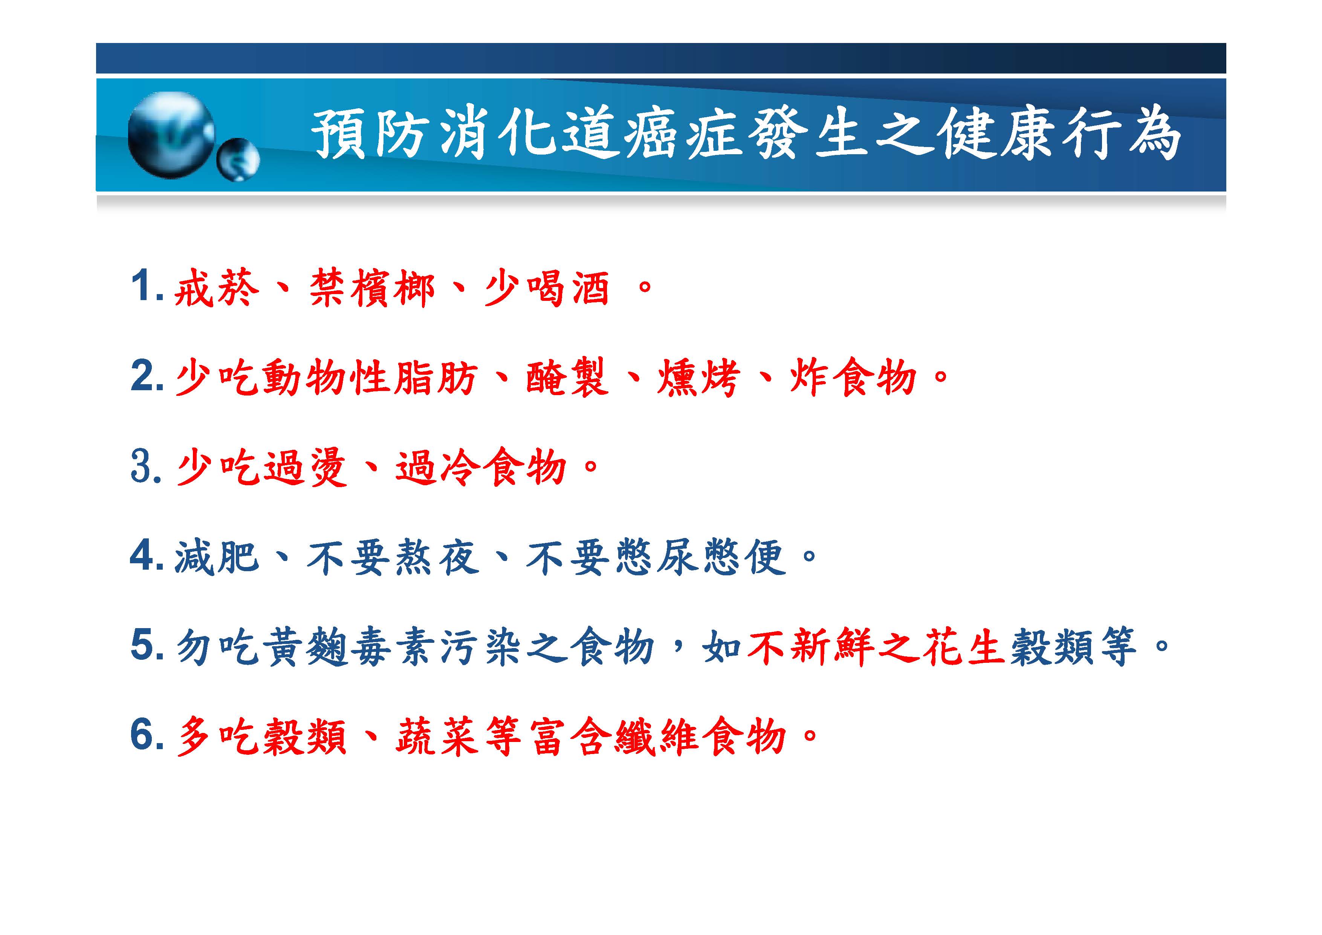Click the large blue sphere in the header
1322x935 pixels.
coord(171,135)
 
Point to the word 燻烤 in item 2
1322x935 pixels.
coord(698,377)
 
